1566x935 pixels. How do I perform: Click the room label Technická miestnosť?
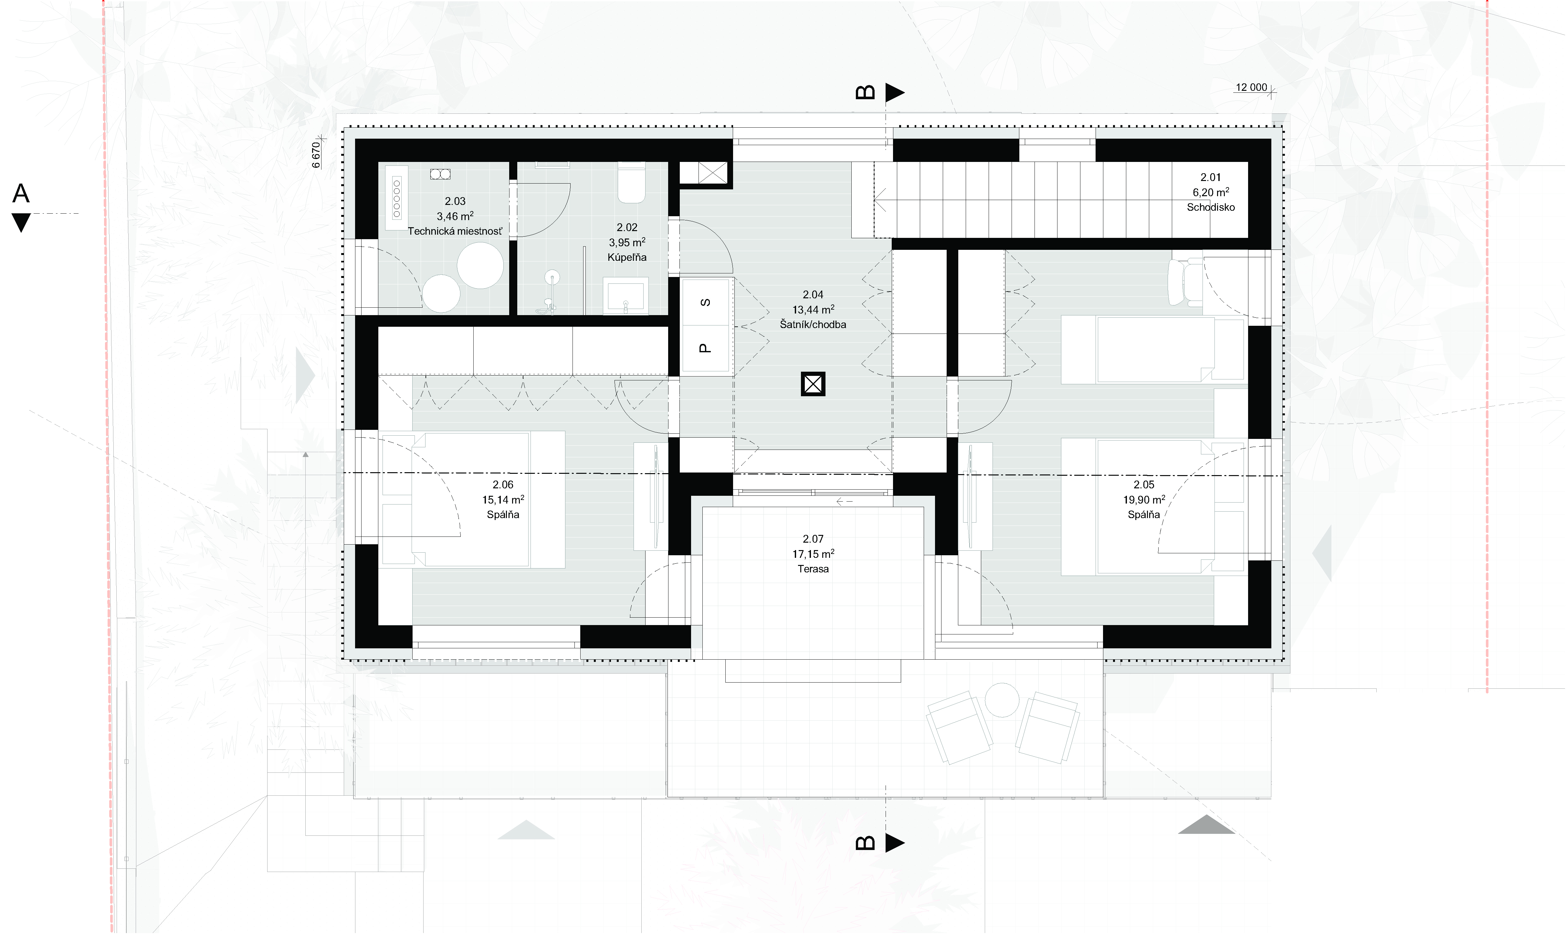455,231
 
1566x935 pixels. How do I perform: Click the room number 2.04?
813,294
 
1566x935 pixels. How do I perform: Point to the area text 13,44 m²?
813,309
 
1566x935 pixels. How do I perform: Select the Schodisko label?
1210,207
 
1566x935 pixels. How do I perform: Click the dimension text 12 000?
1251,88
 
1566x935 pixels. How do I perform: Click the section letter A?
21,193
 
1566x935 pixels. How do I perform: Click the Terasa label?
813,569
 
